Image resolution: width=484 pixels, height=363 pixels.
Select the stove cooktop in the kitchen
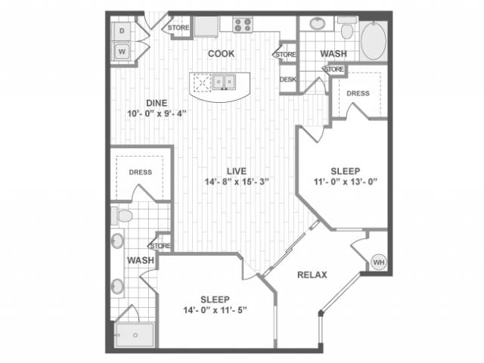pos(242,24)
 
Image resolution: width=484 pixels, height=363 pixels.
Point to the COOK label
pos(221,54)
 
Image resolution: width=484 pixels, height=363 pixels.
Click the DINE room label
pos(157,103)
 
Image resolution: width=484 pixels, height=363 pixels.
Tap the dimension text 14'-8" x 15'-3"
pos(237,181)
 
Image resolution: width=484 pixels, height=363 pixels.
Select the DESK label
pos(287,79)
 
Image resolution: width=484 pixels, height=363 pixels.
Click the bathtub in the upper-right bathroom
pos(374,40)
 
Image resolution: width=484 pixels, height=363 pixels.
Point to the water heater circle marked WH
pos(378,262)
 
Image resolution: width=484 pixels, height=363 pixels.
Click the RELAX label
pos(312,275)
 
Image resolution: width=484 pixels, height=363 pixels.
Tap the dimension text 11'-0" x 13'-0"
pos(346,181)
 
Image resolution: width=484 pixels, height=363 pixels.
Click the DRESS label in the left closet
pos(140,172)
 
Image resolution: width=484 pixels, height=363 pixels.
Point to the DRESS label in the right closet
pos(358,93)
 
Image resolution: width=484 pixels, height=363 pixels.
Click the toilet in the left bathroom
pos(123,216)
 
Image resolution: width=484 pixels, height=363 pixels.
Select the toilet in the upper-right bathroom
pos(347,28)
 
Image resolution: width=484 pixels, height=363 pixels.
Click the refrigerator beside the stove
pos(206,26)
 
